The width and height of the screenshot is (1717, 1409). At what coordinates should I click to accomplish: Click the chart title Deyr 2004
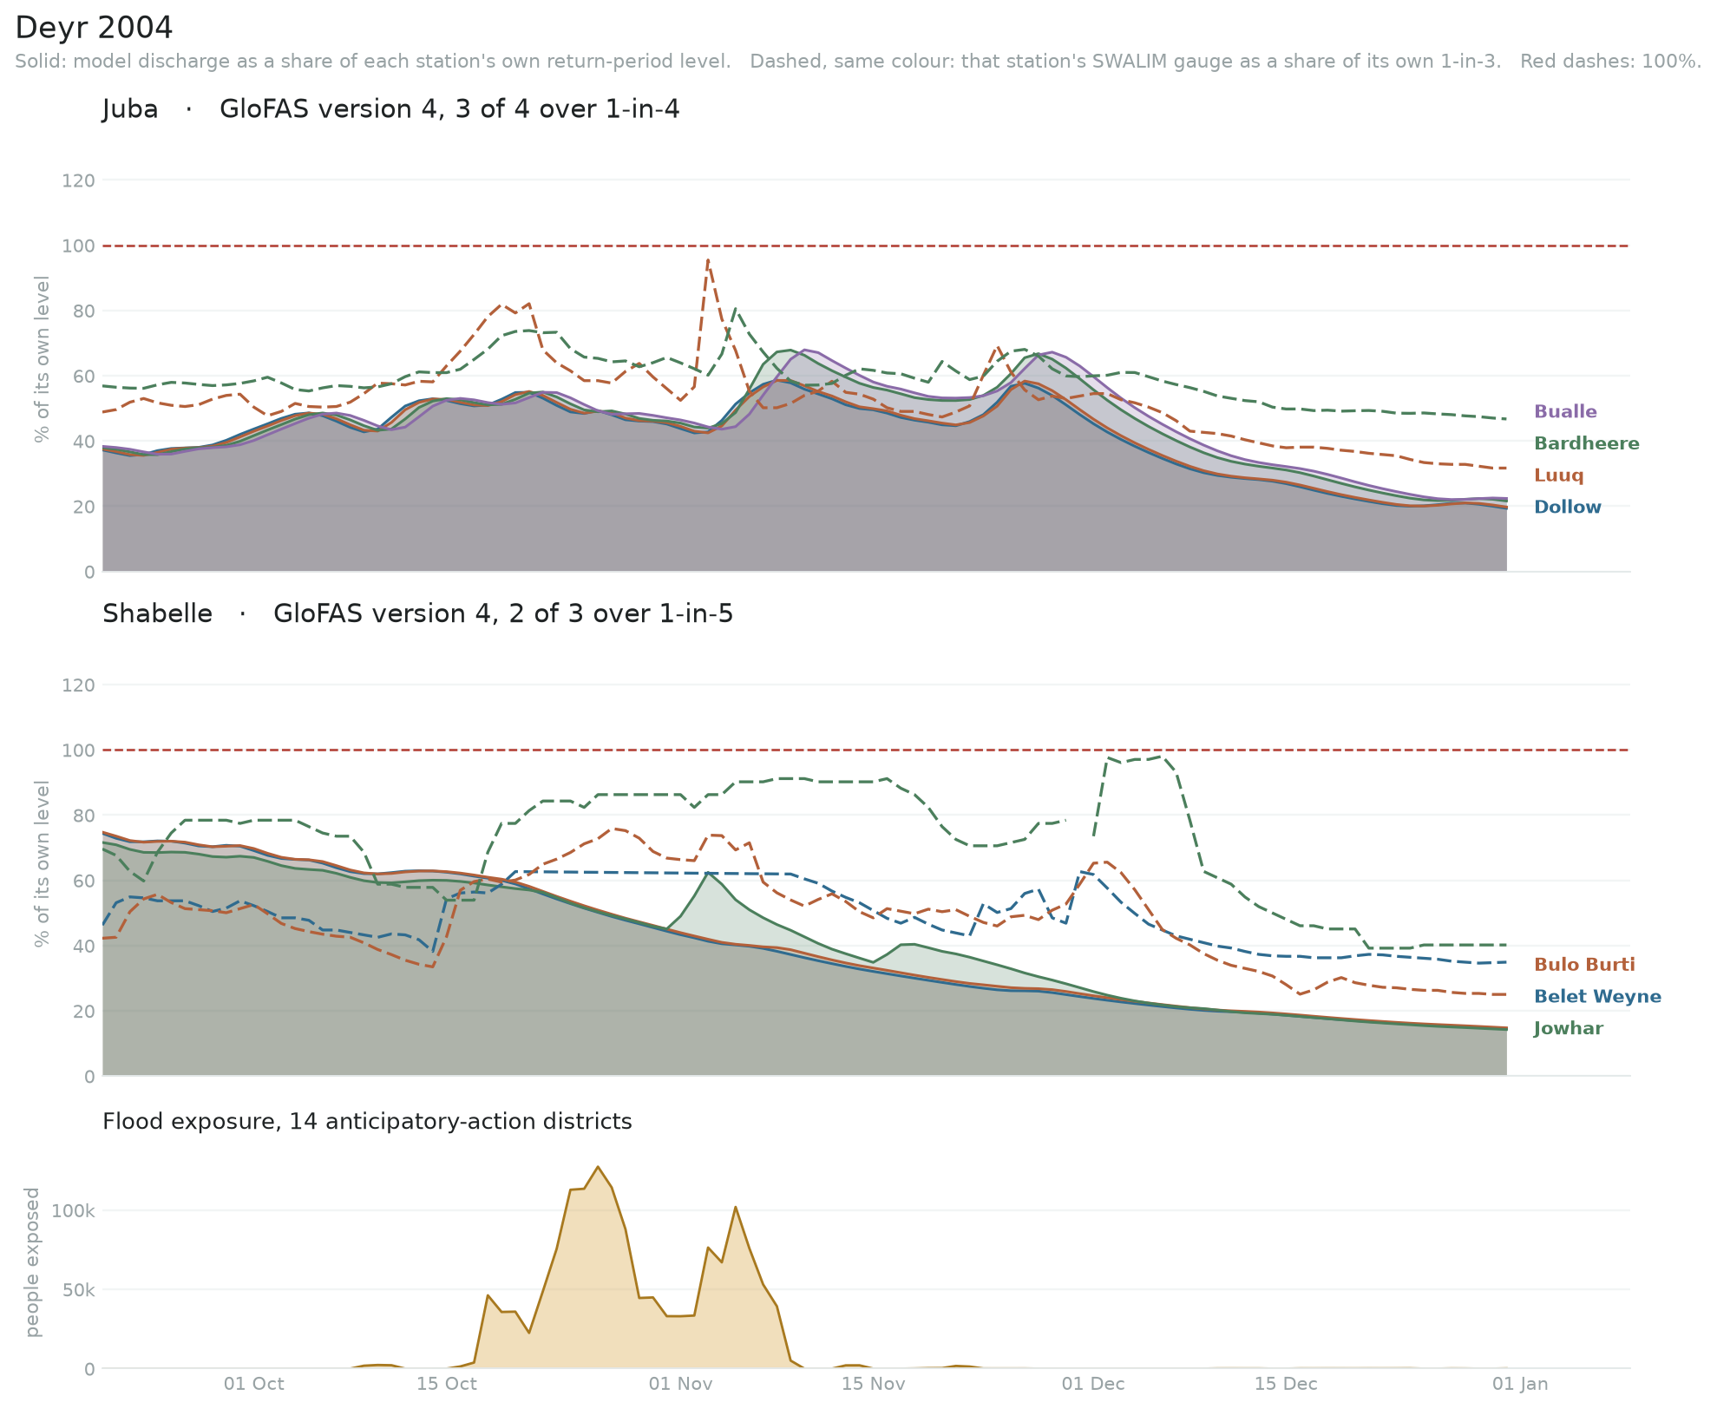[x=94, y=28]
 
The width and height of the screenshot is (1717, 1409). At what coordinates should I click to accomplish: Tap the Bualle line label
[x=1565, y=412]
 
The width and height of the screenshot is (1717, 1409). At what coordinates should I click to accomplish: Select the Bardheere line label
[x=1587, y=444]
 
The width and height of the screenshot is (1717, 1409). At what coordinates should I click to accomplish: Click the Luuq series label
[x=1559, y=475]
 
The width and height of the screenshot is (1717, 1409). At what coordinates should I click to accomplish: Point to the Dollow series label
[x=1568, y=508]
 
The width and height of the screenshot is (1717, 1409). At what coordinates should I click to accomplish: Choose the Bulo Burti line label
[x=1584, y=965]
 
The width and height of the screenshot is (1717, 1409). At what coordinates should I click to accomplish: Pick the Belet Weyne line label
[x=1597, y=997]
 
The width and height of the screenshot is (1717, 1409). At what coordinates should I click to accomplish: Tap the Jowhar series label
[x=1569, y=1029]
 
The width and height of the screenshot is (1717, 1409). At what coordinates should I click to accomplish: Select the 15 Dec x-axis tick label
[x=1285, y=1384]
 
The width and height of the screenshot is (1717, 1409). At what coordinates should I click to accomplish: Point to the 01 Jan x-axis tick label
[x=1521, y=1384]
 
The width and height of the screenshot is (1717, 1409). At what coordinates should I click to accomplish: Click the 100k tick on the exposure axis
[x=73, y=1210]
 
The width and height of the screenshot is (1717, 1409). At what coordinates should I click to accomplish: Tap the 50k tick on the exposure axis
[x=78, y=1289]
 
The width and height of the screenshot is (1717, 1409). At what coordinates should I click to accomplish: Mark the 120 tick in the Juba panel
[x=79, y=180]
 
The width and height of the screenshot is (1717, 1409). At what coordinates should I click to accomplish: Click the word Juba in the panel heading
[x=130, y=109]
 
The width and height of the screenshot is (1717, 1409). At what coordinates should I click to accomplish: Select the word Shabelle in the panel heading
[x=157, y=613]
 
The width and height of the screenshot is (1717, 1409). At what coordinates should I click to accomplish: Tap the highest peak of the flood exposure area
[x=598, y=1167]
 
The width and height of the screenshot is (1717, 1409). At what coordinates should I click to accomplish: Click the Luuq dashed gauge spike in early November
[x=708, y=259]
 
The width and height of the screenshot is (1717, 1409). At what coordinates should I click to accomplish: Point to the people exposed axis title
[x=33, y=1262]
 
